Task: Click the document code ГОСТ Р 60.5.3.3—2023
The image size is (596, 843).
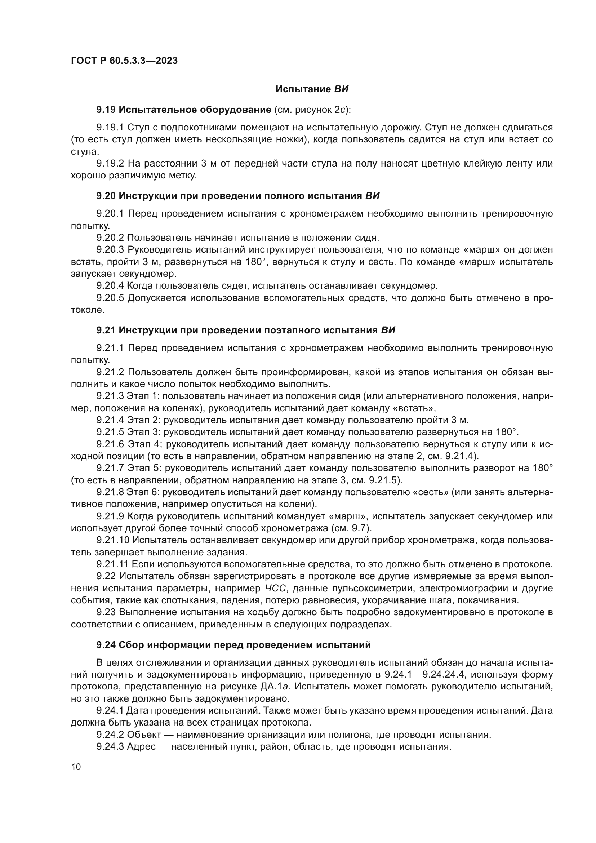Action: [124, 61]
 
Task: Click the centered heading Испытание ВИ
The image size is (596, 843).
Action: [312, 89]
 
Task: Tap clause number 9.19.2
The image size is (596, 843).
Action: [110, 164]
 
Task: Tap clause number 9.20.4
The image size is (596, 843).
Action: [110, 286]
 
